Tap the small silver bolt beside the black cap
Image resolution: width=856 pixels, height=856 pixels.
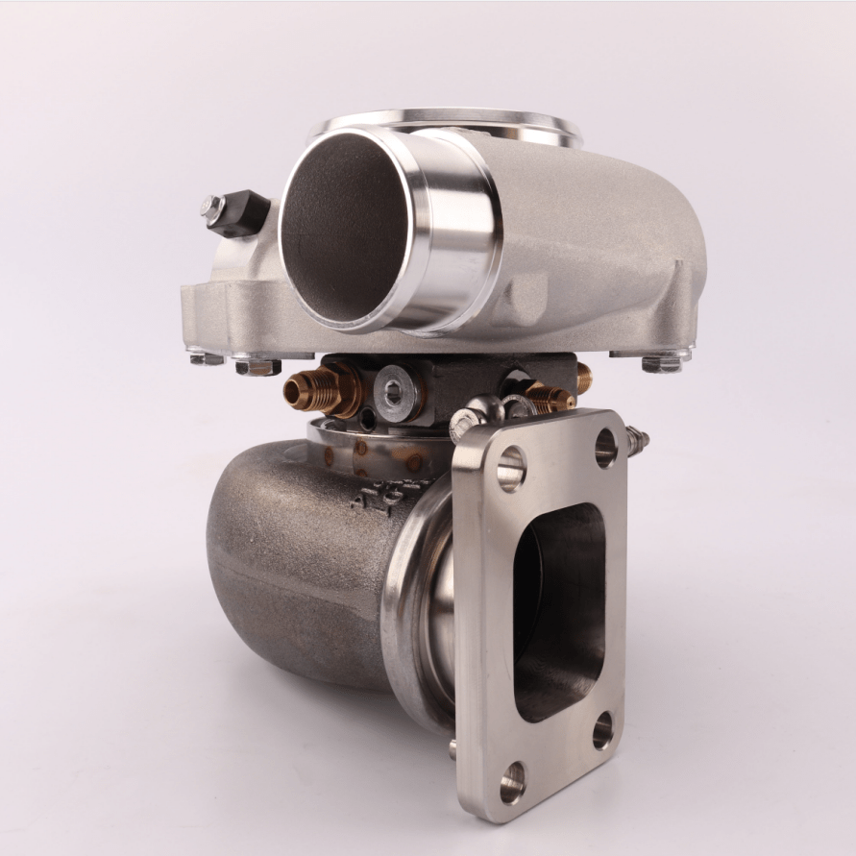click(211, 208)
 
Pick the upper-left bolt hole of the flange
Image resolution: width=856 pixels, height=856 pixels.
click(510, 468)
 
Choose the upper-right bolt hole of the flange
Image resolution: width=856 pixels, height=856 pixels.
click(605, 447)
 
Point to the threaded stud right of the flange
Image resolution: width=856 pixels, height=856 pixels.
click(636, 441)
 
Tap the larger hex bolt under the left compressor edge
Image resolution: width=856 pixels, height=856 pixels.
click(257, 366)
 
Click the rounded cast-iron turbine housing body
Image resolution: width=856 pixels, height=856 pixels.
click(288, 567)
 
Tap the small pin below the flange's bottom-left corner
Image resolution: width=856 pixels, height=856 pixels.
click(452, 747)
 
